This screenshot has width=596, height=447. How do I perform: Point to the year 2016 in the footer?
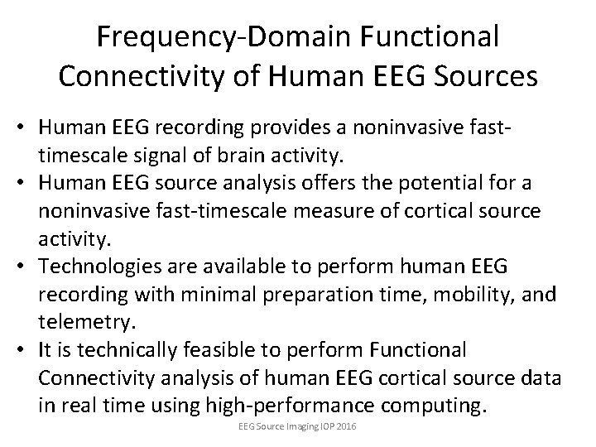point(348,427)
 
